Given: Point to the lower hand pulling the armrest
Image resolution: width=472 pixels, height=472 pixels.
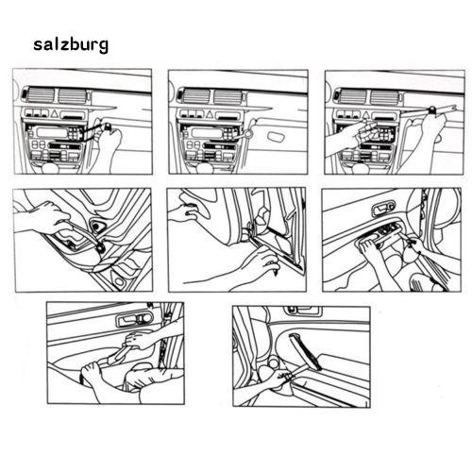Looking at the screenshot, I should pyautogui.click(x=104, y=373).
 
